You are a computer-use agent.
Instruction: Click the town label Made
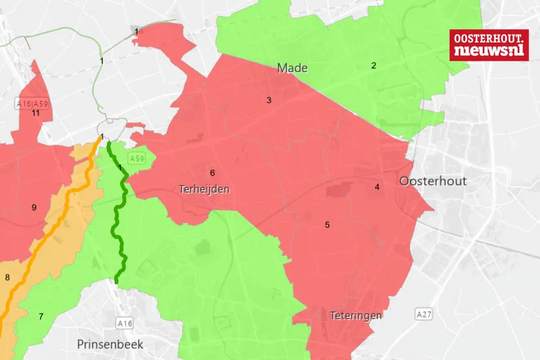tap(292, 68)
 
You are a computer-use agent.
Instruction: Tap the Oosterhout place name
tap(433, 181)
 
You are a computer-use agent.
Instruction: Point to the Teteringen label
tap(355, 316)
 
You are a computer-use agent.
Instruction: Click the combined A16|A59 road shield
tap(32, 103)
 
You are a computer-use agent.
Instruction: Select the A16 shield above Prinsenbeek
tap(125, 323)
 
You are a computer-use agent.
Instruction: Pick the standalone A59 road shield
tap(136, 158)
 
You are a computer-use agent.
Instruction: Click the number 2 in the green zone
tap(374, 65)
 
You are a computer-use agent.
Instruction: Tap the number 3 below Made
tap(268, 100)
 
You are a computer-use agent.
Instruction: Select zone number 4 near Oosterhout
tap(377, 187)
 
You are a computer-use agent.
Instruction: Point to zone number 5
tap(327, 225)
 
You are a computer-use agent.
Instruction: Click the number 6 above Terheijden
tap(212, 173)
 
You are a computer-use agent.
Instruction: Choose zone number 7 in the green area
tap(40, 317)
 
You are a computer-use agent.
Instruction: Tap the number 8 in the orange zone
tap(7, 278)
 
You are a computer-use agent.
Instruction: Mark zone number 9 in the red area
tap(34, 208)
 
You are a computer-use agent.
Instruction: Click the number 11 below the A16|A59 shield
tap(36, 113)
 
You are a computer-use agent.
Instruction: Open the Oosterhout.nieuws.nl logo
tap(488, 45)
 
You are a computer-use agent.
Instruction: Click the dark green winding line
tap(121, 215)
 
